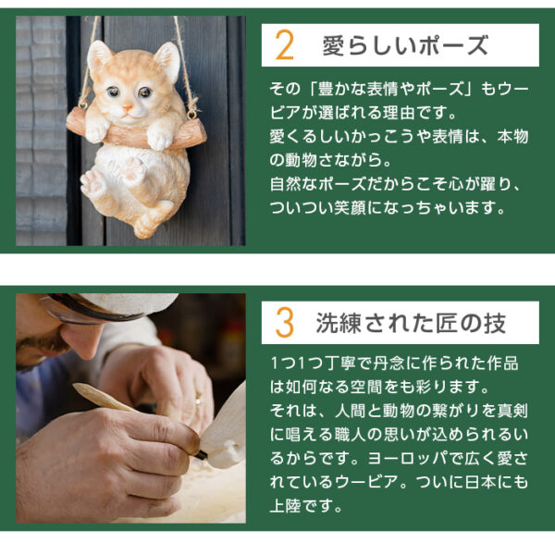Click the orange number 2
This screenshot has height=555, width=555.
tap(285, 45)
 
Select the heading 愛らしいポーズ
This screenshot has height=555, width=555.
tap(404, 45)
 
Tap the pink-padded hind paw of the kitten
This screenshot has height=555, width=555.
tap(93, 181)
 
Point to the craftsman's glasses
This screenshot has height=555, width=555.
tap(69, 310)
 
